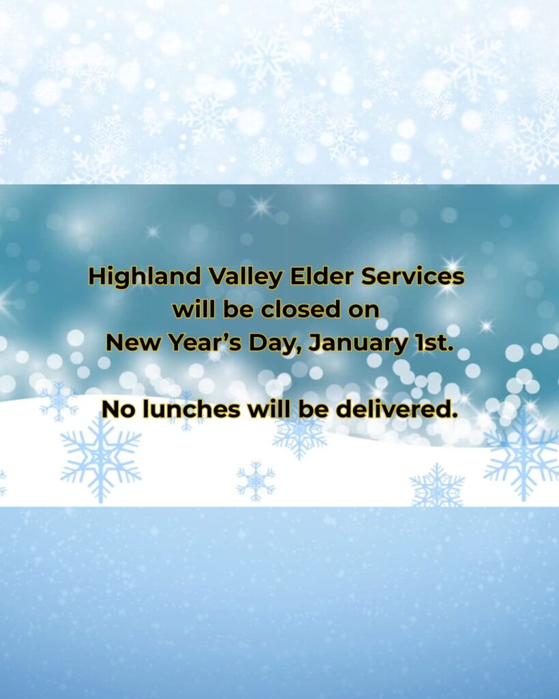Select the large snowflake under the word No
point(100,459)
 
